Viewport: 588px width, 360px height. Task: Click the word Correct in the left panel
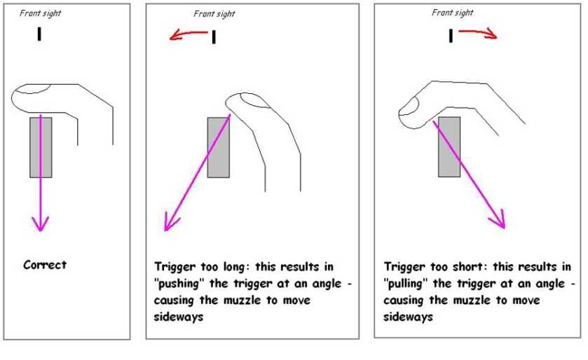45,265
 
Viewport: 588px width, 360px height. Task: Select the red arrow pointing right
479,33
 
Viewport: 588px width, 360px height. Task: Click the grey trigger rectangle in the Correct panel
41,147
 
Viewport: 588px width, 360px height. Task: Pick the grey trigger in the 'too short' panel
449,147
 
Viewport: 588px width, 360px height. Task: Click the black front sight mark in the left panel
39,34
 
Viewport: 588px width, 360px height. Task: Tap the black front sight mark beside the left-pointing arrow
213,37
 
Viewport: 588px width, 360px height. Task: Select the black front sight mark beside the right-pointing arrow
451,34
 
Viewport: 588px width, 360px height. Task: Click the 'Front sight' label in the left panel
41,13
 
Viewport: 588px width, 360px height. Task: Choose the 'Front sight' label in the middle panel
214,14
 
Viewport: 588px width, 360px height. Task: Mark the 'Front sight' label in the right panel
453,13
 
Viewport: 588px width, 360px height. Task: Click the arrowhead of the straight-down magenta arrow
41,224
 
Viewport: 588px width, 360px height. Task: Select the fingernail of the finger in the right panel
409,108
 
